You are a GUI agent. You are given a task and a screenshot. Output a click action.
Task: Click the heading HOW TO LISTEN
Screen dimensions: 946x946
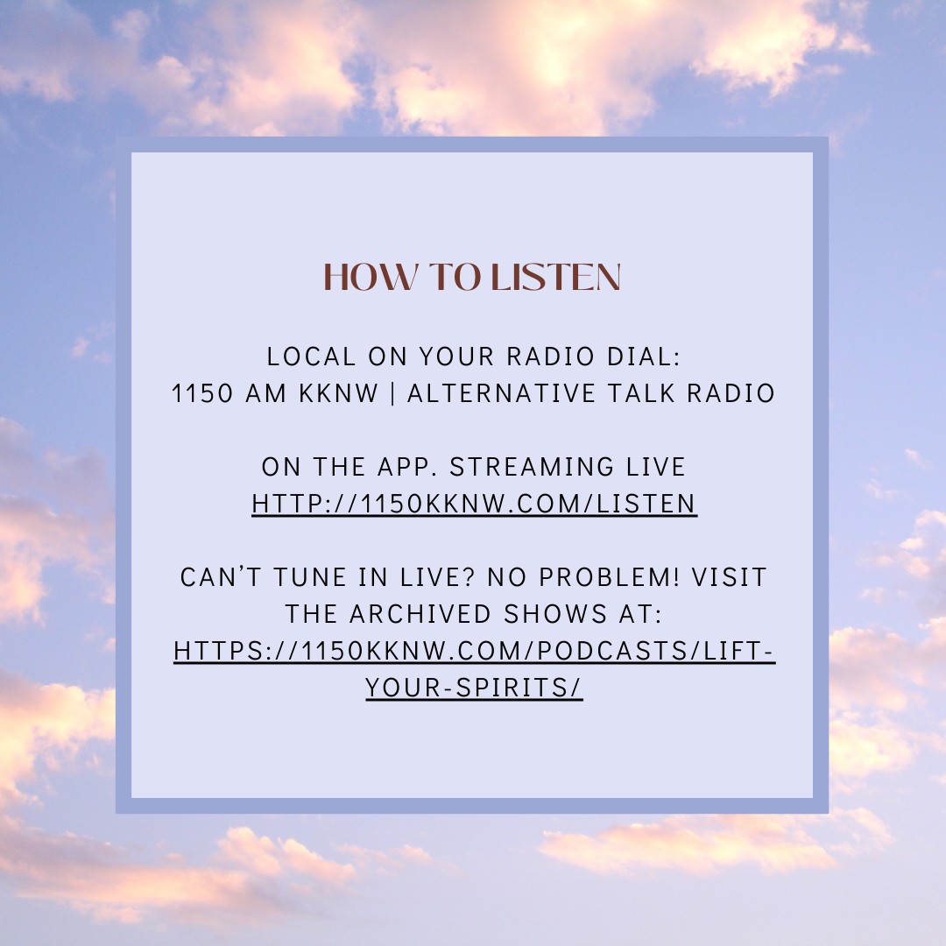click(x=472, y=277)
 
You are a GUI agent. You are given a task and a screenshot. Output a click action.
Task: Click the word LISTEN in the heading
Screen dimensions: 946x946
click(x=555, y=277)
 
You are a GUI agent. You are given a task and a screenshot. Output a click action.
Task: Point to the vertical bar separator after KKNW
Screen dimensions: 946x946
click(x=393, y=393)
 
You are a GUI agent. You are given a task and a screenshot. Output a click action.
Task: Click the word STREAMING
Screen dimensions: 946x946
click(x=533, y=467)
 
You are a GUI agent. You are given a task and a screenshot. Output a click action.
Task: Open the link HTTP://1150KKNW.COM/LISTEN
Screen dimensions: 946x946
click(x=474, y=504)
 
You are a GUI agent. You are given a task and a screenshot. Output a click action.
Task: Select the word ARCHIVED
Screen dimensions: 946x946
click(x=420, y=614)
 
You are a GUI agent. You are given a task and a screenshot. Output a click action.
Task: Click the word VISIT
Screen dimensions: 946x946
click(x=729, y=577)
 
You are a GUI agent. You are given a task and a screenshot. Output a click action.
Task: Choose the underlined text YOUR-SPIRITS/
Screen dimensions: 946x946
click(x=474, y=688)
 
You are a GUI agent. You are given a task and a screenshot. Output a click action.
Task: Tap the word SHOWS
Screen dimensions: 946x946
click(x=555, y=614)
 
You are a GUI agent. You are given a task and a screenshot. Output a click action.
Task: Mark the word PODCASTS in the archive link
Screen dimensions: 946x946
click(x=612, y=651)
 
